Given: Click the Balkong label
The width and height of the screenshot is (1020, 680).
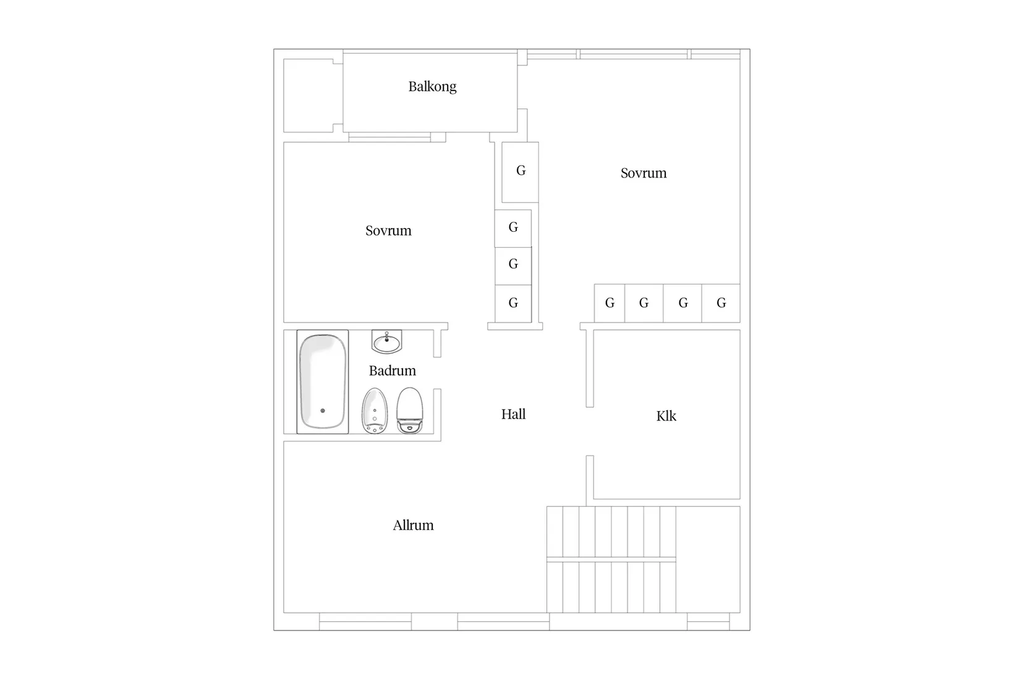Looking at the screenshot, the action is (x=432, y=87).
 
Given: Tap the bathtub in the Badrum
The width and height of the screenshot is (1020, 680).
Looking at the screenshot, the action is (x=323, y=381).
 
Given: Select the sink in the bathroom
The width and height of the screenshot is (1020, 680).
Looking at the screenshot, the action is (x=386, y=342).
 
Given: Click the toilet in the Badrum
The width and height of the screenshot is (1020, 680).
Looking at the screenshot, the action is (x=409, y=410).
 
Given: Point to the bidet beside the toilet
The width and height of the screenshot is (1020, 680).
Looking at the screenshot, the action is (x=375, y=410).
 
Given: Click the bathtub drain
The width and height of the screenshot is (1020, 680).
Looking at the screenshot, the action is (x=323, y=411).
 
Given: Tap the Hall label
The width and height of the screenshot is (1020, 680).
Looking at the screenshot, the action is (x=513, y=414).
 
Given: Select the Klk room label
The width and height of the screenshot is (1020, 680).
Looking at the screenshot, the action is (x=666, y=416).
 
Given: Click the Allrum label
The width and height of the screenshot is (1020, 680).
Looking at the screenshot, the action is (x=413, y=525).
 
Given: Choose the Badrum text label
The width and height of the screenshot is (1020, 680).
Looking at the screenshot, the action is (x=392, y=371).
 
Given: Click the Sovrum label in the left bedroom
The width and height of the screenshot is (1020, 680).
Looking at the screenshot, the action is (x=388, y=231).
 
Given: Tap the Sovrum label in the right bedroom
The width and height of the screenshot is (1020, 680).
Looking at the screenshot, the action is (x=644, y=173).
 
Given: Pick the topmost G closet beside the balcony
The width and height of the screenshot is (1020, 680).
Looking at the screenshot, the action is (x=521, y=172).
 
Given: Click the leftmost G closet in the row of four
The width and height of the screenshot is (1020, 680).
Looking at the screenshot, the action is (x=610, y=303).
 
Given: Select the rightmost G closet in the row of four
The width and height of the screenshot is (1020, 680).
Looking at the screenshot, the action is (x=721, y=303).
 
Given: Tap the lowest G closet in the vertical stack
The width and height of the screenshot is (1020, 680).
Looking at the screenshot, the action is (x=513, y=304).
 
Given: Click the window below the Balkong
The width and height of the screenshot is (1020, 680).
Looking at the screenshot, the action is (x=389, y=137).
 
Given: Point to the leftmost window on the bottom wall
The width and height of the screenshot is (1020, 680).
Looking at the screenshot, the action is (x=365, y=622).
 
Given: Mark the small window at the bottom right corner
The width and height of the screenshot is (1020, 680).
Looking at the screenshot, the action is (x=708, y=622).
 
